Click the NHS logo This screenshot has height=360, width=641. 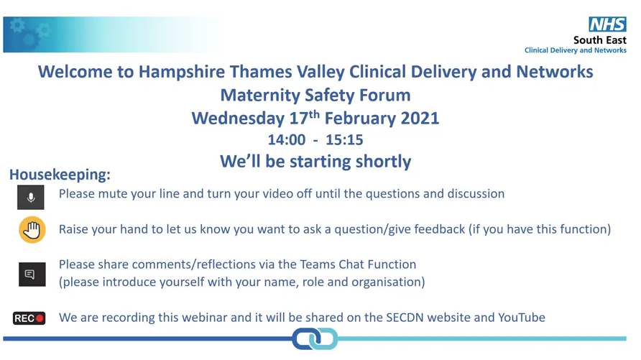(607, 24)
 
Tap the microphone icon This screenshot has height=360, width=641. (31, 198)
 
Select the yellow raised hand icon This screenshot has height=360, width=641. (32, 230)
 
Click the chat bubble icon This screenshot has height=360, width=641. (32, 274)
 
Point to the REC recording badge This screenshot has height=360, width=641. (29, 318)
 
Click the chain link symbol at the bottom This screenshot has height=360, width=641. (315, 338)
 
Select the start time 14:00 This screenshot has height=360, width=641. (287, 139)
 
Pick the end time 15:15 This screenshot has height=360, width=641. (344, 139)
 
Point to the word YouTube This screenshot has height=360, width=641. (522, 318)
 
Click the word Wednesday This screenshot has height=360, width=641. (238, 119)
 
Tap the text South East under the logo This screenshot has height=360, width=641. (600, 40)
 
